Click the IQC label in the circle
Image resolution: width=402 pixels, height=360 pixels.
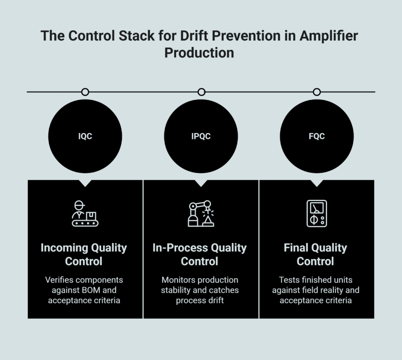click(85, 136)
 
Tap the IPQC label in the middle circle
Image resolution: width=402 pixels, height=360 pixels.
click(201, 136)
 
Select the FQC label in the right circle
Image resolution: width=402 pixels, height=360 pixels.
click(316, 136)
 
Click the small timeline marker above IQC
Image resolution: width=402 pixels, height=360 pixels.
click(85, 92)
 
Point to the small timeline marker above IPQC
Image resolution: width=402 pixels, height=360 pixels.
click(201, 92)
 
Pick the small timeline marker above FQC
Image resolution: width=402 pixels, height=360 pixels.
click(316, 92)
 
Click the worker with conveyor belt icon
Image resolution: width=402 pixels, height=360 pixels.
click(85, 214)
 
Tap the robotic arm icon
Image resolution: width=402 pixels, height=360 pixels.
click(201, 214)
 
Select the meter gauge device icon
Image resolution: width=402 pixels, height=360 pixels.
click(316, 214)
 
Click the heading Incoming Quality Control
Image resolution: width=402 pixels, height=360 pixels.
click(84, 254)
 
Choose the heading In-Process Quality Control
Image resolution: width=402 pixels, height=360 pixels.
click(199, 254)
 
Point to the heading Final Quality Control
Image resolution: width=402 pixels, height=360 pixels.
click(316, 254)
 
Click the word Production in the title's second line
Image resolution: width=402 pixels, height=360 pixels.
click(199, 52)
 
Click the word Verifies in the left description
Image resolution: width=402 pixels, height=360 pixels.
click(59, 280)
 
